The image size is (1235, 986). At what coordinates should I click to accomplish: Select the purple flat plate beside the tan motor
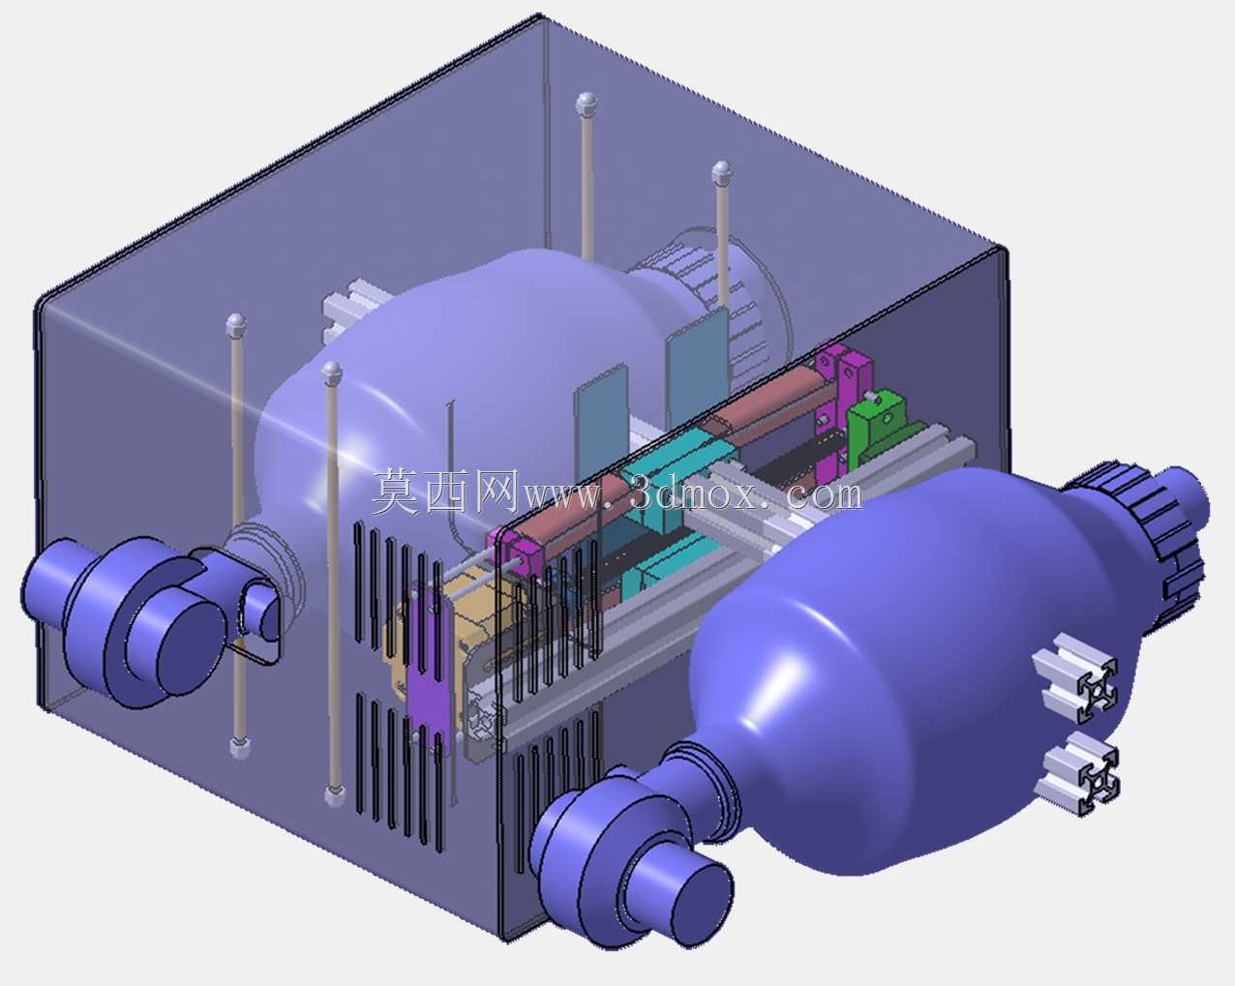click(x=426, y=672)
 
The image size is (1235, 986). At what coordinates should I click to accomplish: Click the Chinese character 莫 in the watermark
click(x=397, y=492)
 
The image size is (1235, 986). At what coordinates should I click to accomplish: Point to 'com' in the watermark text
click(x=824, y=494)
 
